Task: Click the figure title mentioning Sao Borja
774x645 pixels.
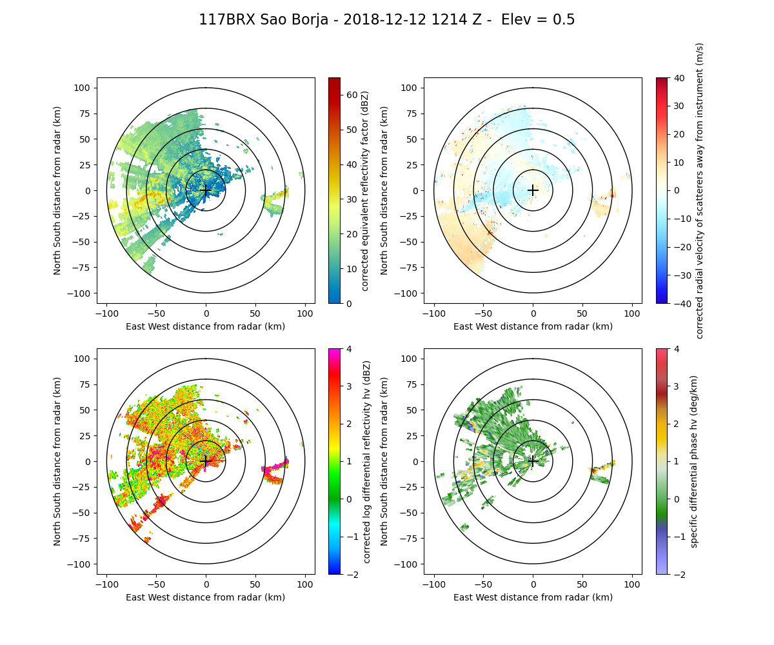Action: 386,20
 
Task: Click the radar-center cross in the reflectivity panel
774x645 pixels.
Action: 206,190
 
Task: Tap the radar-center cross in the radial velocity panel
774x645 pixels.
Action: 533,190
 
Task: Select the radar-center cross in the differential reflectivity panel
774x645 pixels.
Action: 206,461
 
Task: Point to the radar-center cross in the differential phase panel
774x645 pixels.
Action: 533,461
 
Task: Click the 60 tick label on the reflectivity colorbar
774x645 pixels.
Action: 352,95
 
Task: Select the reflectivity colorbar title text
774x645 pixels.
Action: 365,190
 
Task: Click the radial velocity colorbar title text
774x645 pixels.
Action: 700,190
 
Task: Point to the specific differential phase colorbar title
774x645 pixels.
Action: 695,461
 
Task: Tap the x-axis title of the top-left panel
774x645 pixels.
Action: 206,326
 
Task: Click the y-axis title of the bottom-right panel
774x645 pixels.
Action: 384,461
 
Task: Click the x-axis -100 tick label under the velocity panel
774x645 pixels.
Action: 434,313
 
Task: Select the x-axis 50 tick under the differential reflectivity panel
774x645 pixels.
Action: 255,584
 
